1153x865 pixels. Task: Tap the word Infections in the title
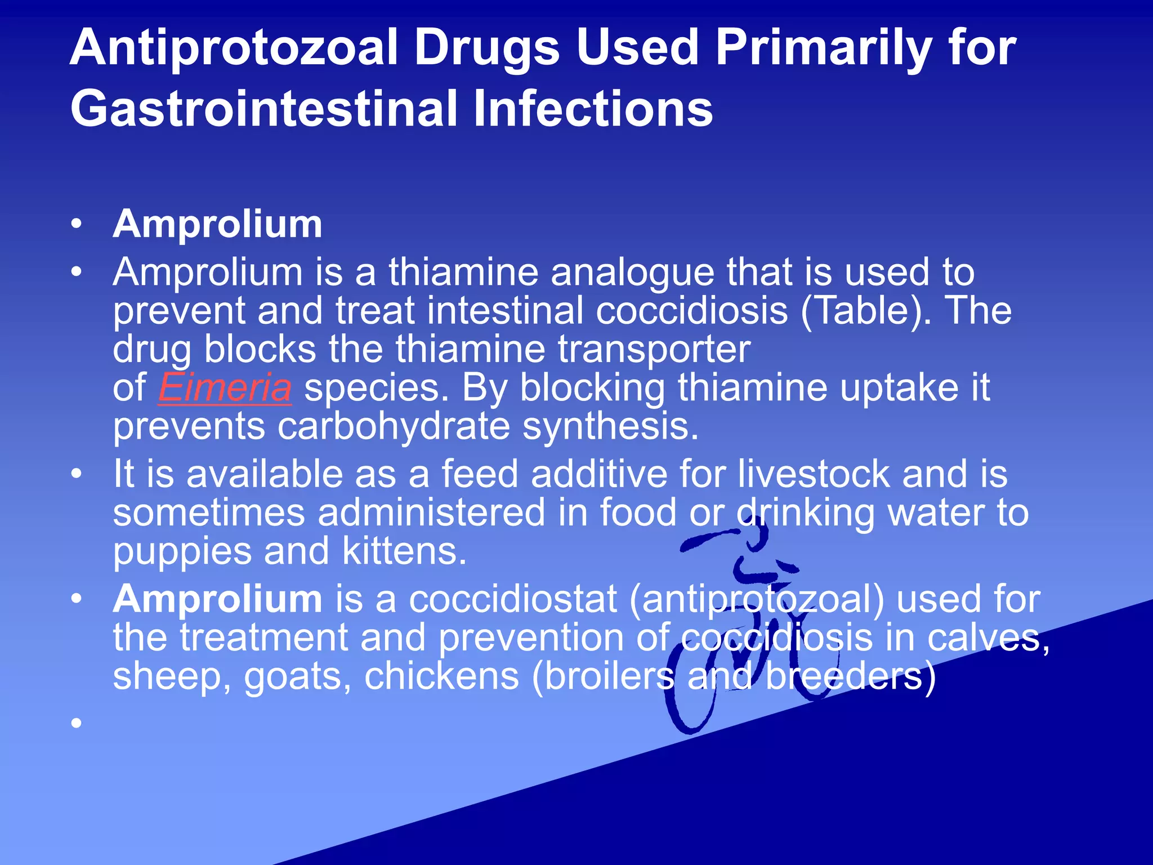pos(593,109)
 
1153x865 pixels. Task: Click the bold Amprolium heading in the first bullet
pos(217,224)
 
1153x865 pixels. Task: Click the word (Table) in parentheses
pos(862,311)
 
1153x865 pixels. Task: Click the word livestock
pos(814,474)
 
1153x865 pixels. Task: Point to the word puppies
pos(182,552)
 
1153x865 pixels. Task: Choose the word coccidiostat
pos(513,599)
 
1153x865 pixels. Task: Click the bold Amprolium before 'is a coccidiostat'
pos(217,599)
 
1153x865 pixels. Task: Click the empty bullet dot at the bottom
pos(77,723)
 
